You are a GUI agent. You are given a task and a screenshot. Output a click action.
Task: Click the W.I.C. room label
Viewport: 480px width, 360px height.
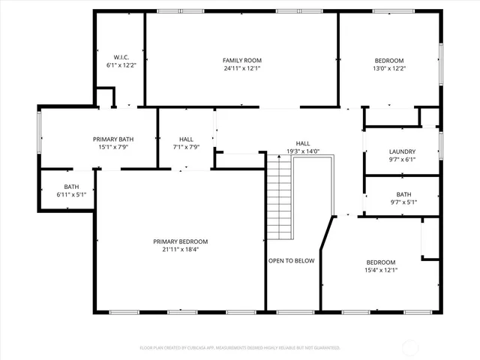121,57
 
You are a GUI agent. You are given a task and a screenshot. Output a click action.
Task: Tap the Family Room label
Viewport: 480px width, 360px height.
242,60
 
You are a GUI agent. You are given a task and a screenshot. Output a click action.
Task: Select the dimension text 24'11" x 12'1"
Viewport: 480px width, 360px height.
242,68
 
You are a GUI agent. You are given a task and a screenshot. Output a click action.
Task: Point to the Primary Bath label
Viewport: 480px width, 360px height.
113,139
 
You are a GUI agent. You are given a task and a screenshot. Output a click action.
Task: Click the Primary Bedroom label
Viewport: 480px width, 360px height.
181,241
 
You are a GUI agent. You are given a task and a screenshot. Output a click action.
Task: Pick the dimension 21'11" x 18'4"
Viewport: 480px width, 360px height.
181,250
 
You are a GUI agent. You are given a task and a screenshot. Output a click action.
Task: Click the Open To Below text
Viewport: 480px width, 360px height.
292,261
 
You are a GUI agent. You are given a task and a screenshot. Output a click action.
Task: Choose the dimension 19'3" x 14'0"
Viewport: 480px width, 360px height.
303,151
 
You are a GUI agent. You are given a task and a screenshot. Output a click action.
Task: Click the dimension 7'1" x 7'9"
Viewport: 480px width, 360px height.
187,147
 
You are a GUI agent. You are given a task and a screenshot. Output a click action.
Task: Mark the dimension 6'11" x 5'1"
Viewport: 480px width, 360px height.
71,195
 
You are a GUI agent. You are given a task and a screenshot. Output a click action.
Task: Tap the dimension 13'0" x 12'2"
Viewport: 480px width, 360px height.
389,68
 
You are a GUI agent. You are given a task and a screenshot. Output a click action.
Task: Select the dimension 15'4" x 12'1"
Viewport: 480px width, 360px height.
380,270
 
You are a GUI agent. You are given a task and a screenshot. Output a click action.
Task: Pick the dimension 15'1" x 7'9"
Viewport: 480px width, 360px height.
113,147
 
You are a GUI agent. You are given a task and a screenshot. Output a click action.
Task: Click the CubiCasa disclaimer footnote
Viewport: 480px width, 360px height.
240,348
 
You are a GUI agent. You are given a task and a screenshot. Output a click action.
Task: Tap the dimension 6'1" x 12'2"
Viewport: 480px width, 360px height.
121,65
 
